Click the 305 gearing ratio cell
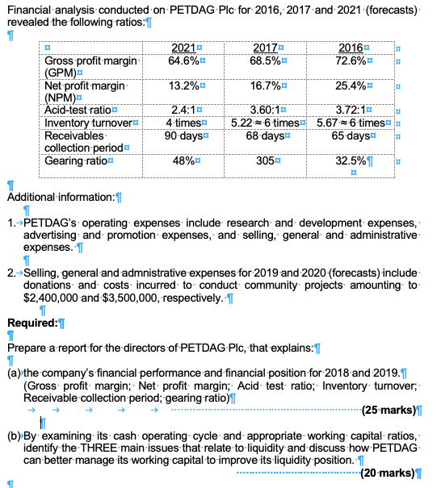coord(263,160)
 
